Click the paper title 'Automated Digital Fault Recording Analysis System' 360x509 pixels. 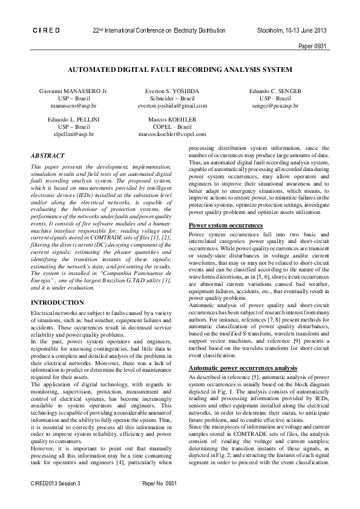click(x=180, y=69)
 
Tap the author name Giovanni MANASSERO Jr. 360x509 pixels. click(x=74, y=91)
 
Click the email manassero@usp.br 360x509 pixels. click(x=74, y=105)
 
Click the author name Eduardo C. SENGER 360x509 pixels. click(x=275, y=91)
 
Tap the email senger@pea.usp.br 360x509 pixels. click(x=275, y=105)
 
